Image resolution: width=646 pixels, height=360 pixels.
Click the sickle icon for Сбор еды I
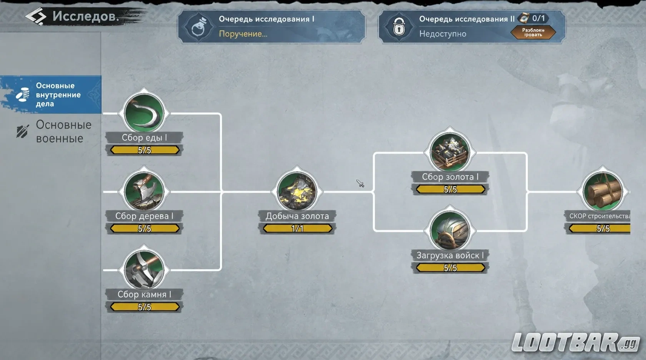tap(144, 113)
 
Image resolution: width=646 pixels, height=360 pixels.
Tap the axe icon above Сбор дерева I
tap(144, 191)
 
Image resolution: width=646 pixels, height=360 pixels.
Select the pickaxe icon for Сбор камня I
tap(144, 270)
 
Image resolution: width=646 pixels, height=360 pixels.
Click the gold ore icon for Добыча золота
tap(297, 191)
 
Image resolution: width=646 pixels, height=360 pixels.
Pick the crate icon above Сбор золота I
tap(450, 152)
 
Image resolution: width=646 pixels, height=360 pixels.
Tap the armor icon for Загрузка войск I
tap(450, 230)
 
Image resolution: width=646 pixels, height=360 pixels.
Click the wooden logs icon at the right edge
tap(603, 191)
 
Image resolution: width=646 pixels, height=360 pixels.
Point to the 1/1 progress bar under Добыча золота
tap(297, 228)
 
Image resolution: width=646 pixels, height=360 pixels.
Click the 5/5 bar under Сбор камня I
tap(145, 307)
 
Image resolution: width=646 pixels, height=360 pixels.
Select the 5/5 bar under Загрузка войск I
tap(450, 268)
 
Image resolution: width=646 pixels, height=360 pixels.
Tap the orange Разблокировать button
tap(533, 32)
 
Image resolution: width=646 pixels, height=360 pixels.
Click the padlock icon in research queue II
tap(399, 27)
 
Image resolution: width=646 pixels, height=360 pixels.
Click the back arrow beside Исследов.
tap(36, 17)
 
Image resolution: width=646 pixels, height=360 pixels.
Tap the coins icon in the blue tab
tap(23, 95)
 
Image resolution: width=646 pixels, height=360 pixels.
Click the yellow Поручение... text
tap(243, 34)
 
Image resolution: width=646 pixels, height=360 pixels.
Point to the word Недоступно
tap(443, 34)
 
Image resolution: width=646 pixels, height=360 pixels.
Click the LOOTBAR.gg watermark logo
tap(575, 342)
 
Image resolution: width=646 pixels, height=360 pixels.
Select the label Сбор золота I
tap(450, 177)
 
